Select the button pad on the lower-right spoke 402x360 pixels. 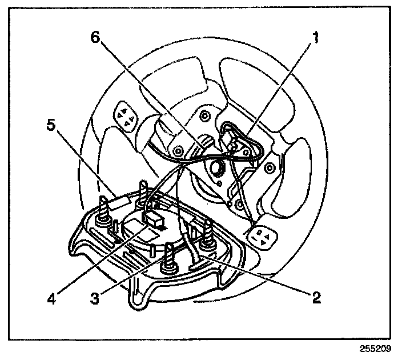[x=260, y=236]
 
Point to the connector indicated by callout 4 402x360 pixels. [x=155, y=218]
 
